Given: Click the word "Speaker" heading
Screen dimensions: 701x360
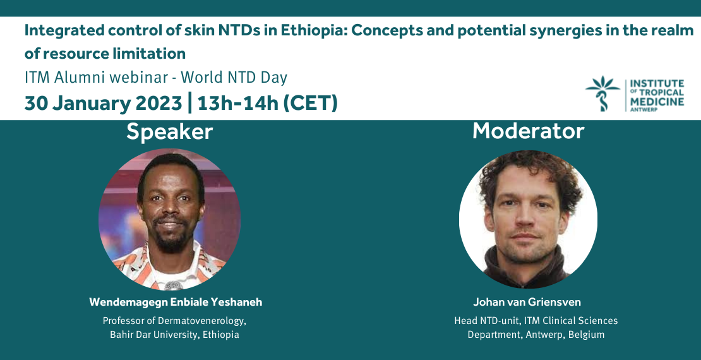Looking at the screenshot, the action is point(169,132).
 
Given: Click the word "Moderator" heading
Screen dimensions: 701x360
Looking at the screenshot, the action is point(529,131).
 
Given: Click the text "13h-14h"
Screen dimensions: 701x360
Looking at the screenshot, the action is point(237,103).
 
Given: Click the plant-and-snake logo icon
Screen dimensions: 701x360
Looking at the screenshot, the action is point(602,93).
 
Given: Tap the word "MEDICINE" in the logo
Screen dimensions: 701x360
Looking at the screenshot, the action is point(657,101).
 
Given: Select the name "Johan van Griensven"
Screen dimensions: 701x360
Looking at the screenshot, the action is point(527,303).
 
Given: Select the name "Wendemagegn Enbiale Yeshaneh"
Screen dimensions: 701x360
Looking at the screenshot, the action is point(176,303).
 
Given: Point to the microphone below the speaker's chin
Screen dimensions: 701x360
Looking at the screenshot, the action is point(174,285).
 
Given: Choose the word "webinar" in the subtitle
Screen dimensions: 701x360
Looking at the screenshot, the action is point(135,78).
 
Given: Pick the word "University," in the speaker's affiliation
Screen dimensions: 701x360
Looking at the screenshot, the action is point(178,335).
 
